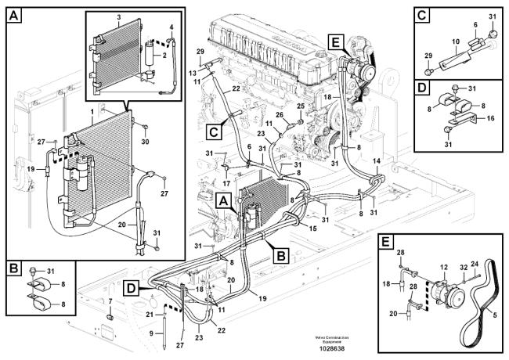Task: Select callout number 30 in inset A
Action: click(x=144, y=142)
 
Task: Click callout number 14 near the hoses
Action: click(x=377, y=160)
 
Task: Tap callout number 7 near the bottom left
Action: click(x=110, y=301)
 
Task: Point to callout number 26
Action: click(x=279, y=114)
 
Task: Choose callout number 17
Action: click(x=226, y=184)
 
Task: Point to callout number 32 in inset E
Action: click(x=461, y=268)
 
